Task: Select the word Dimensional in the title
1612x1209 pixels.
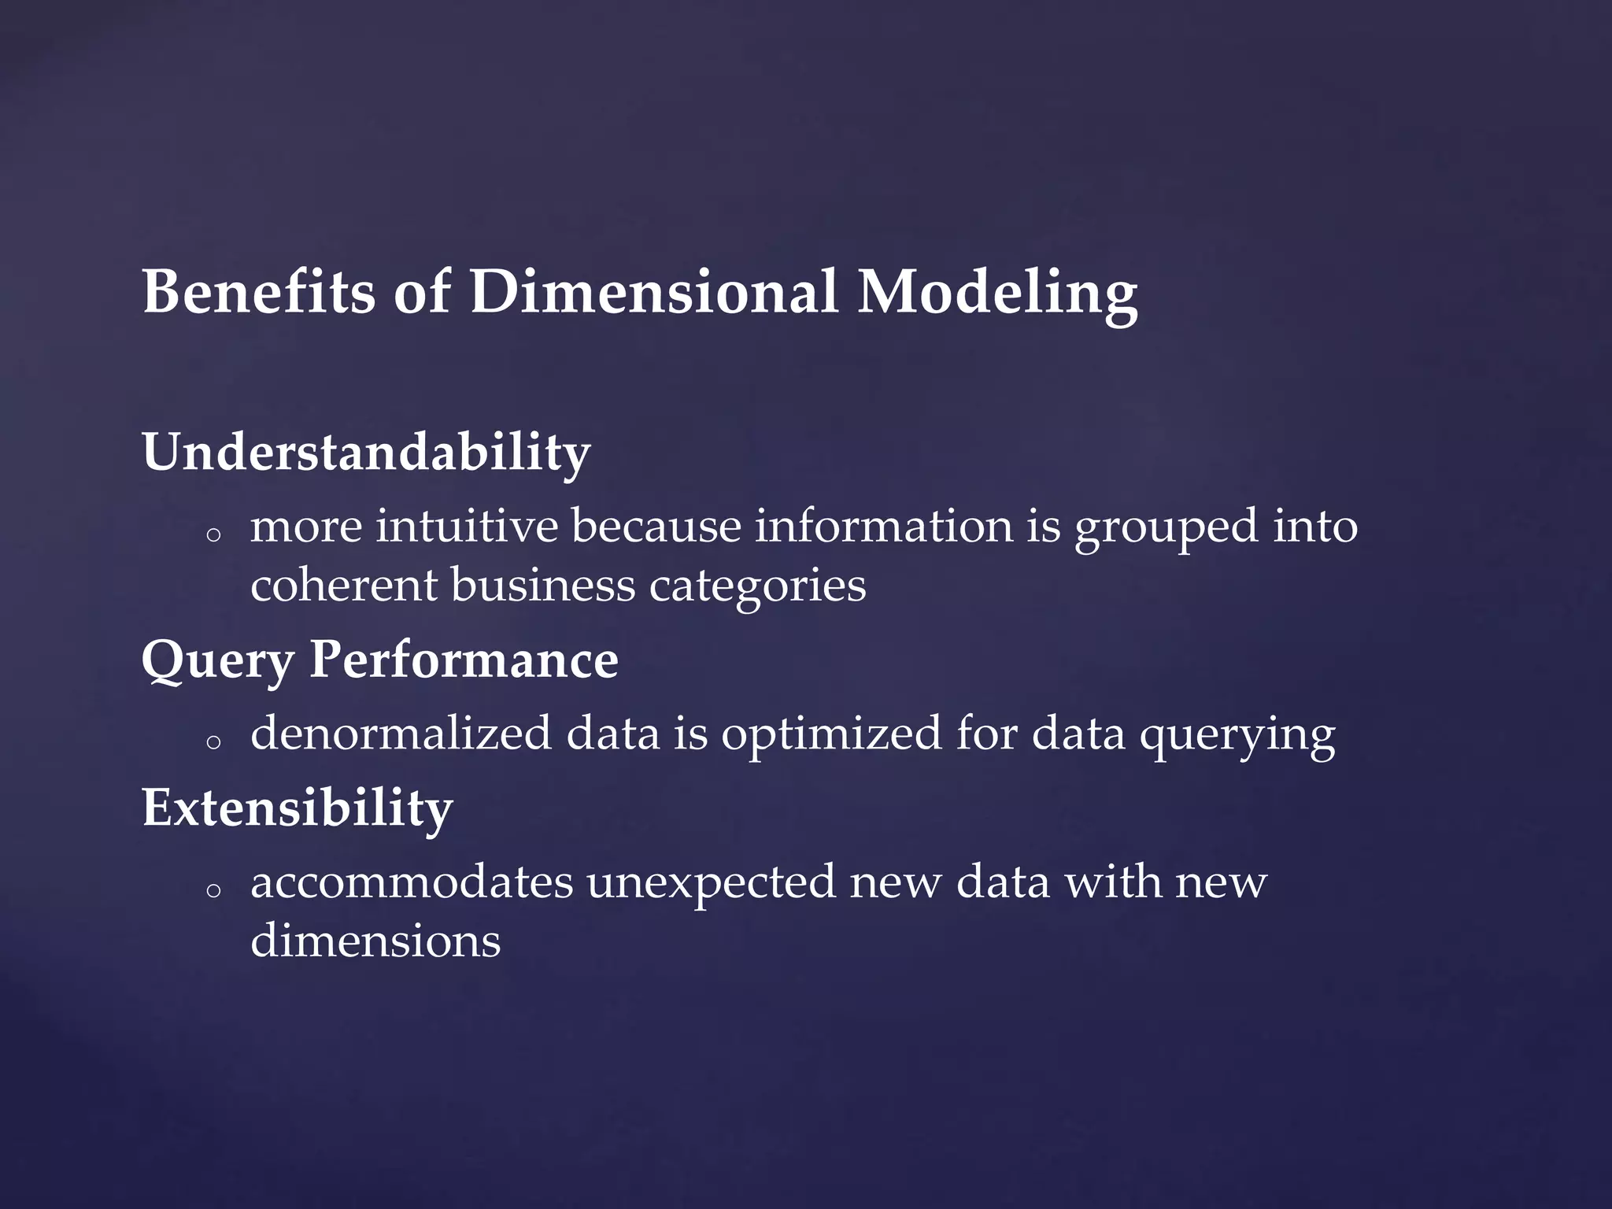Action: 653,292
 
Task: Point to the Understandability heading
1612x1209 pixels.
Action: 366,453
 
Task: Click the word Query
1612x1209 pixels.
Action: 216,660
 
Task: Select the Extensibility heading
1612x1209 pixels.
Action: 297,808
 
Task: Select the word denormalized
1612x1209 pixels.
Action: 401,734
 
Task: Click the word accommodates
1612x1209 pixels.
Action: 412,882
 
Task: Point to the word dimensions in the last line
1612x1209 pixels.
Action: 375,941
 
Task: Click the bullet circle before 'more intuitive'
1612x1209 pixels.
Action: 212,535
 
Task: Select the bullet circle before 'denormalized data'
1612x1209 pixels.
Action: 212,742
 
